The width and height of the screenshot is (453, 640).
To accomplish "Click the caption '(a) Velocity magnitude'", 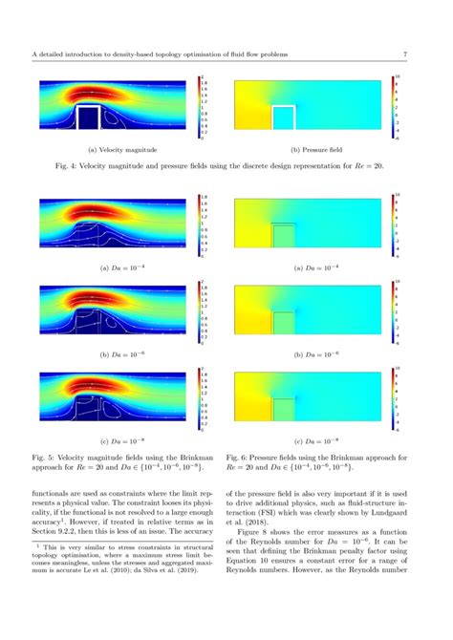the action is pos(118,149).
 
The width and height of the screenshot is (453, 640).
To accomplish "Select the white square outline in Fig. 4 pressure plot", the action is pos(283,120).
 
